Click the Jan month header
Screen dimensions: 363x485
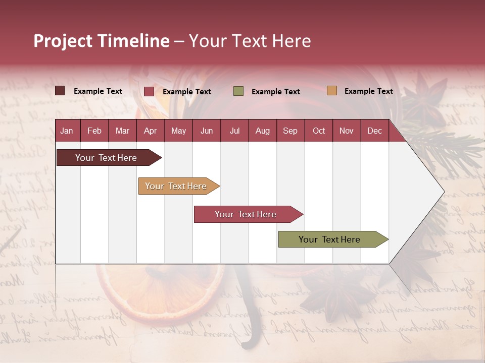point(67,131)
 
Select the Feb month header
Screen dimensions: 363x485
point(94,131)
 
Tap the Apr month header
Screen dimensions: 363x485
point(150,131)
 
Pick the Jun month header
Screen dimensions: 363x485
point(207,131)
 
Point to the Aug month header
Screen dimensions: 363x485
point(262,131)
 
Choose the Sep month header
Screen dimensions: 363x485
point(290,131)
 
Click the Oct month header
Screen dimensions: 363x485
point(319,131)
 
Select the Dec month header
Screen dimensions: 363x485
point(374,131)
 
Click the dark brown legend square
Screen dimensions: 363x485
point(60,91)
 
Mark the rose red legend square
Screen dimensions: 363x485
point(149,91)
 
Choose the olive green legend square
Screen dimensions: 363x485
point(238,91)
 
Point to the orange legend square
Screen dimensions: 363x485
point(331,91)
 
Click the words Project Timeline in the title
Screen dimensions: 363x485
point(102,41)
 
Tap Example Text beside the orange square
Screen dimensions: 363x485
point(368,91)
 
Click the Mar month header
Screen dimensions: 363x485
point(122,131)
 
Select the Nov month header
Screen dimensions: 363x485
point(347,131)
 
